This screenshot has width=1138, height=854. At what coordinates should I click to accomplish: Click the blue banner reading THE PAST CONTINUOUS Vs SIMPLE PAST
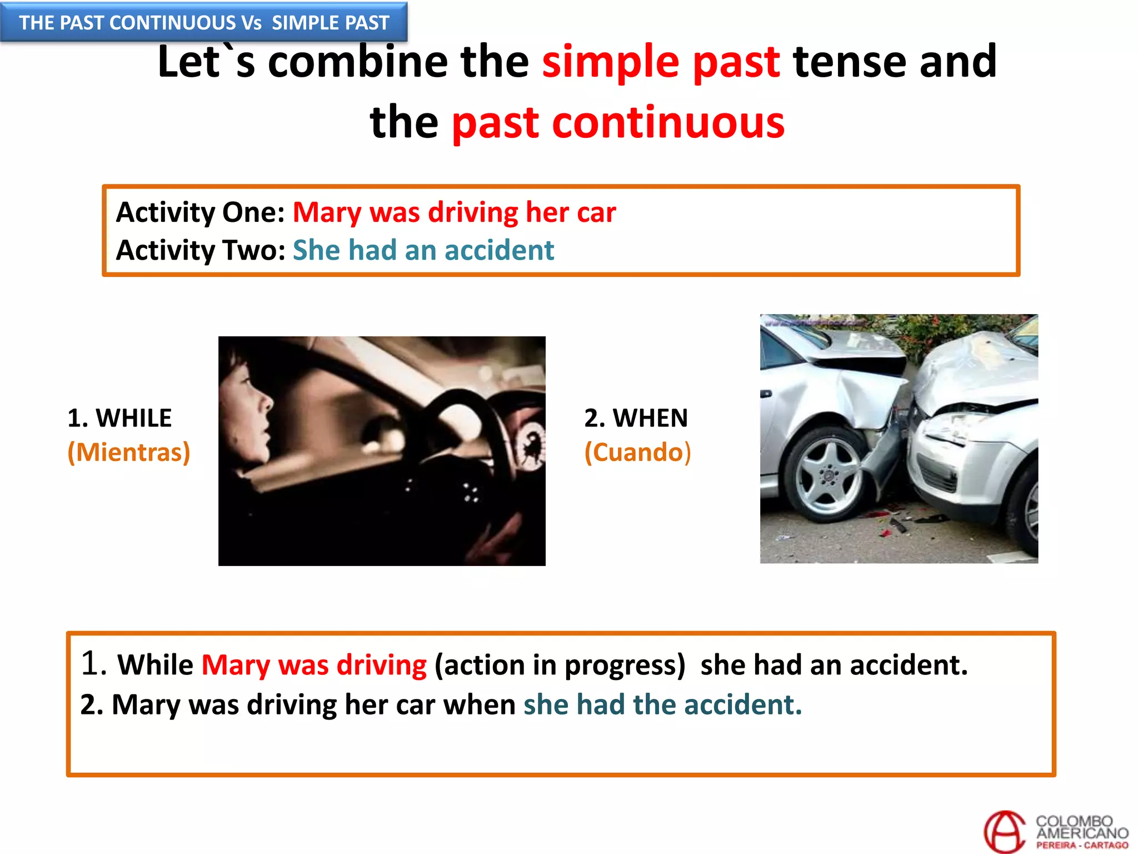204,22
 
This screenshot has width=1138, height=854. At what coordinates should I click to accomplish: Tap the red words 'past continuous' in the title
618,122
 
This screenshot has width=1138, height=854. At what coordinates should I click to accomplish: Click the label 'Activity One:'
200,212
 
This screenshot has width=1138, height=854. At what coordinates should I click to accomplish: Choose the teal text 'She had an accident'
423,250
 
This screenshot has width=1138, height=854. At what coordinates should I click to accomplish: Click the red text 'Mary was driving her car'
454,212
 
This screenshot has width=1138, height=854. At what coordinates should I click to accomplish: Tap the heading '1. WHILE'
119,418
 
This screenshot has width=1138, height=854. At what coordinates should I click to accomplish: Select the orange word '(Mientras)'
128,452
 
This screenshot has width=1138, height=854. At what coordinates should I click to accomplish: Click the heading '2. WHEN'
636,418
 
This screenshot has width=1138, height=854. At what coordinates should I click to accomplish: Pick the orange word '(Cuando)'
637,452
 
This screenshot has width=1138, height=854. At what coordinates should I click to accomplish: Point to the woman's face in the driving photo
247,400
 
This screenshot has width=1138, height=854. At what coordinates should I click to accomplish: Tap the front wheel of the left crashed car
828,475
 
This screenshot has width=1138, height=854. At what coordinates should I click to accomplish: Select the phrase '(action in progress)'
560,665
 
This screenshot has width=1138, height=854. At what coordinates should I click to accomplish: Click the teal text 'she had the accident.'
662,705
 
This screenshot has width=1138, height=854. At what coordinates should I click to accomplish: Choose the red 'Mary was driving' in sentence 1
314,665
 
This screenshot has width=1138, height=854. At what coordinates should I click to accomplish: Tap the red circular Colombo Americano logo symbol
1004,832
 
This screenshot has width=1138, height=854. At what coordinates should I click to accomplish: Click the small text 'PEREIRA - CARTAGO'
1082,846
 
